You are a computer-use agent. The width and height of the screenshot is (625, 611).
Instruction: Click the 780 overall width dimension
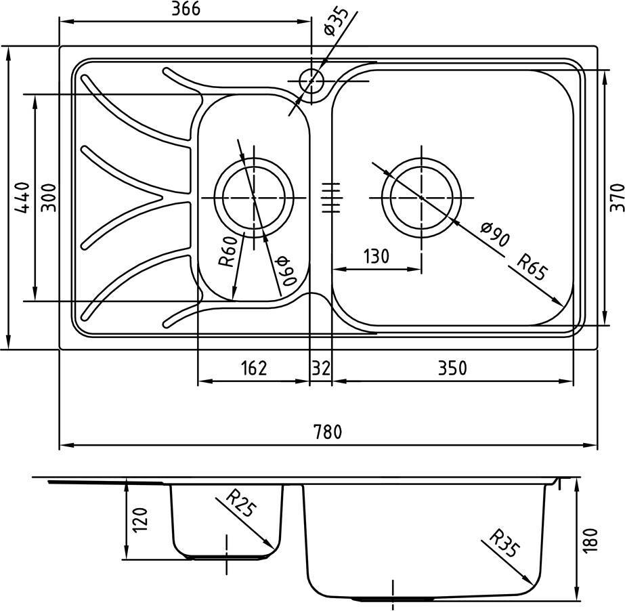tap(328, 432)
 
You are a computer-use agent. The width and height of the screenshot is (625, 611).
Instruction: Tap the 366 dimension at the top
tap(186, 9)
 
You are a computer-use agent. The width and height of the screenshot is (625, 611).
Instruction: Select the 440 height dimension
tap(22, 197)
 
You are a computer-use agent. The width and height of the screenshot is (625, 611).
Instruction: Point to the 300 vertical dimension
tap(49, 197)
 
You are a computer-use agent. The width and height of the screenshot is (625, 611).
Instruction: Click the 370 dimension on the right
tap(617, 197)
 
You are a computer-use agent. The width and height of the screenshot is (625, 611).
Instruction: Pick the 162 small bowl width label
tap(254, 368)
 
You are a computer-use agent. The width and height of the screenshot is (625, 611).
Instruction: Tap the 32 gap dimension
tap(321, 368)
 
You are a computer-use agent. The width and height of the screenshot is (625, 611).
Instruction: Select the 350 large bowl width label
tap(452, 368)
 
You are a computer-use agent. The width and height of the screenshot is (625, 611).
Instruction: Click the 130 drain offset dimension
tap(376, 257)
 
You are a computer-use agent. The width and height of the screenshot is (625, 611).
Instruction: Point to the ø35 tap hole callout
tap(336, 21)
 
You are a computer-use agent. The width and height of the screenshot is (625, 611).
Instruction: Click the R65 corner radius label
tap(532, 266)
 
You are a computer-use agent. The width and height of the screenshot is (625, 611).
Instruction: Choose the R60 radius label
tap(230, 251)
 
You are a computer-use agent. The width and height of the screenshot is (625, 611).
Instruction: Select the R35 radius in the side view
tap(504, 543)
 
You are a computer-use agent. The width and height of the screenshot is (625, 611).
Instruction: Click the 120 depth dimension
tap(140, 520)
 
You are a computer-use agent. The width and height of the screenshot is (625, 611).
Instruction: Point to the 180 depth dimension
tap(590, 540)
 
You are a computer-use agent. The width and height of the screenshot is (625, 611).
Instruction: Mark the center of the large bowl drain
tap(421, 197)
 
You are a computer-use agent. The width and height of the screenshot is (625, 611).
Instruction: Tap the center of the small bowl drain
tap(254, 197)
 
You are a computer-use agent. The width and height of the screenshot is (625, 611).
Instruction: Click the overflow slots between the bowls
tap(331, 197)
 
